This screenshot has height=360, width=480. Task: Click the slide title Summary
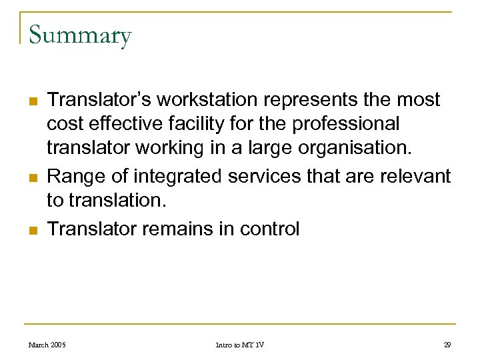80,35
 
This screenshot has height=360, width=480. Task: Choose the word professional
343,124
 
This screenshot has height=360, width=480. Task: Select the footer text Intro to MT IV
240,345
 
